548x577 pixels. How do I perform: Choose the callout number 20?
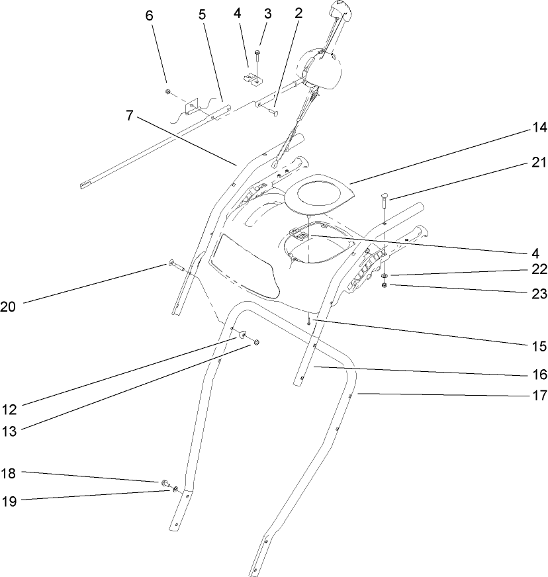pos(8,306)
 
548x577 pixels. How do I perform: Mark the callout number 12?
pos(8,408)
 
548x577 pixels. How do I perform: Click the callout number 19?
pos(8,501)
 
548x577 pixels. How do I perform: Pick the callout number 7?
pos(130,116)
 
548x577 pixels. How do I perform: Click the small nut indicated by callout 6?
pos(168,91)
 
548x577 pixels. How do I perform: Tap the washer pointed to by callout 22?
pos(385,275)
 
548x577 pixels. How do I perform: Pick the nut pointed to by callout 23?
pos(385,285)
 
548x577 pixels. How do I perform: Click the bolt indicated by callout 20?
pos(175,266)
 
